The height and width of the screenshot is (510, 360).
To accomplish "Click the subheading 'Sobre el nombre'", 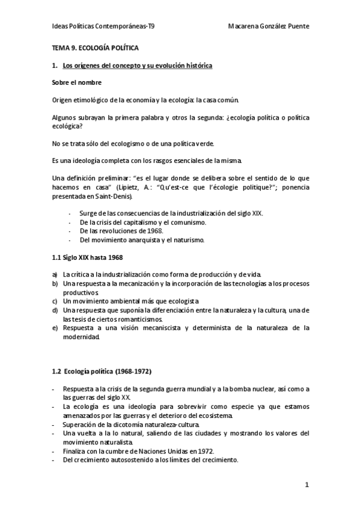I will pyautogui.click(x=76, y=82).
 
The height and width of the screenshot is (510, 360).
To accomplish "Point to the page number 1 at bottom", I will pyautogui.click(x=306, y=485).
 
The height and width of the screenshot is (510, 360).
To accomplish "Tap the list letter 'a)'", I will pyautogui.click(x=55, y=275).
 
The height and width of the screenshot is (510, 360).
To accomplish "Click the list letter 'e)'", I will pyautogui.click(x=55, y=328).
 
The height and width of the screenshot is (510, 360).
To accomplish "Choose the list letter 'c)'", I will pyautogui.click(x=55, y=301).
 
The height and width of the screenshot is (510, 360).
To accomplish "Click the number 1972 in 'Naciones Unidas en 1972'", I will pyautogui.click(x=204, y=451).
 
